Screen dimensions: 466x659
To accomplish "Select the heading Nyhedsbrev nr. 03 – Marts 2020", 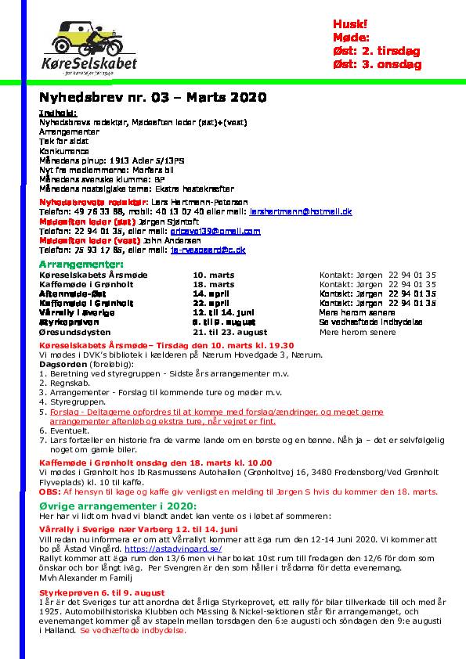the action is [x=153, y=98].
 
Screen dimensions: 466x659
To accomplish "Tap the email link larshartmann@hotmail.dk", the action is [x=301, y=211].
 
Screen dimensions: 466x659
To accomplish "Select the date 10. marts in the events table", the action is [x=214, y=275].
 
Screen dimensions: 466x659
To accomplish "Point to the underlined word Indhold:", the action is [x=56, y=113].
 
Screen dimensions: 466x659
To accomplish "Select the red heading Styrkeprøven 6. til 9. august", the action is [x=102, y=592].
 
